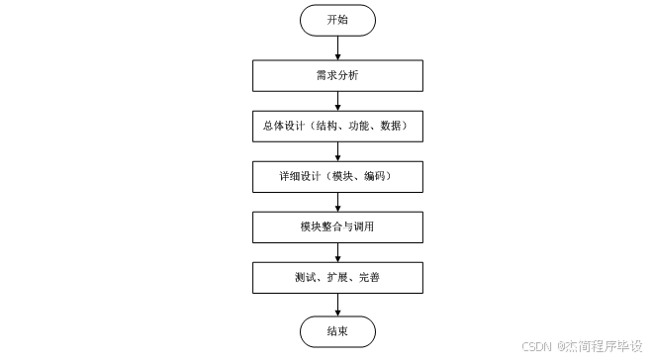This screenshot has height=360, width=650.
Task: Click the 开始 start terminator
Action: pos(337,19)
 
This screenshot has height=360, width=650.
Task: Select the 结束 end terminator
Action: pos(337,328)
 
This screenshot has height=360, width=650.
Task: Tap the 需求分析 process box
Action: pos(337,76)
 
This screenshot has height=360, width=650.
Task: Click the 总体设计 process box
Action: pos(337,127)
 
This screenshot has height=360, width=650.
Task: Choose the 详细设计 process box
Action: pos(337,177)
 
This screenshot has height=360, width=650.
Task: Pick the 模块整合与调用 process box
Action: pos(337,227)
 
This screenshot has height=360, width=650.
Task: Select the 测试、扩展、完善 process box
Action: pos(337,278)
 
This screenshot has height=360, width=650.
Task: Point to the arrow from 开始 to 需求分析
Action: pos(337,46)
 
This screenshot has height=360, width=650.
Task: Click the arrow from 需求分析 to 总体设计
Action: pos(337,101)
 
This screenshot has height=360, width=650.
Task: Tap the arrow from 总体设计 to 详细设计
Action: pos(337,151)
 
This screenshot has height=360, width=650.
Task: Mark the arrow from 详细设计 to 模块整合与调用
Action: pos(337,202)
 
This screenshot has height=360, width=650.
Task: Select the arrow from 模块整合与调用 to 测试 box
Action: pos(337,252)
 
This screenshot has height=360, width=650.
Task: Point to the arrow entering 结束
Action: pos(337,303)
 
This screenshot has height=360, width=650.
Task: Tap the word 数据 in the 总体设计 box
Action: pos(394,127)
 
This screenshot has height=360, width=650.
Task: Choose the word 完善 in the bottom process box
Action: pos(369,278)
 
